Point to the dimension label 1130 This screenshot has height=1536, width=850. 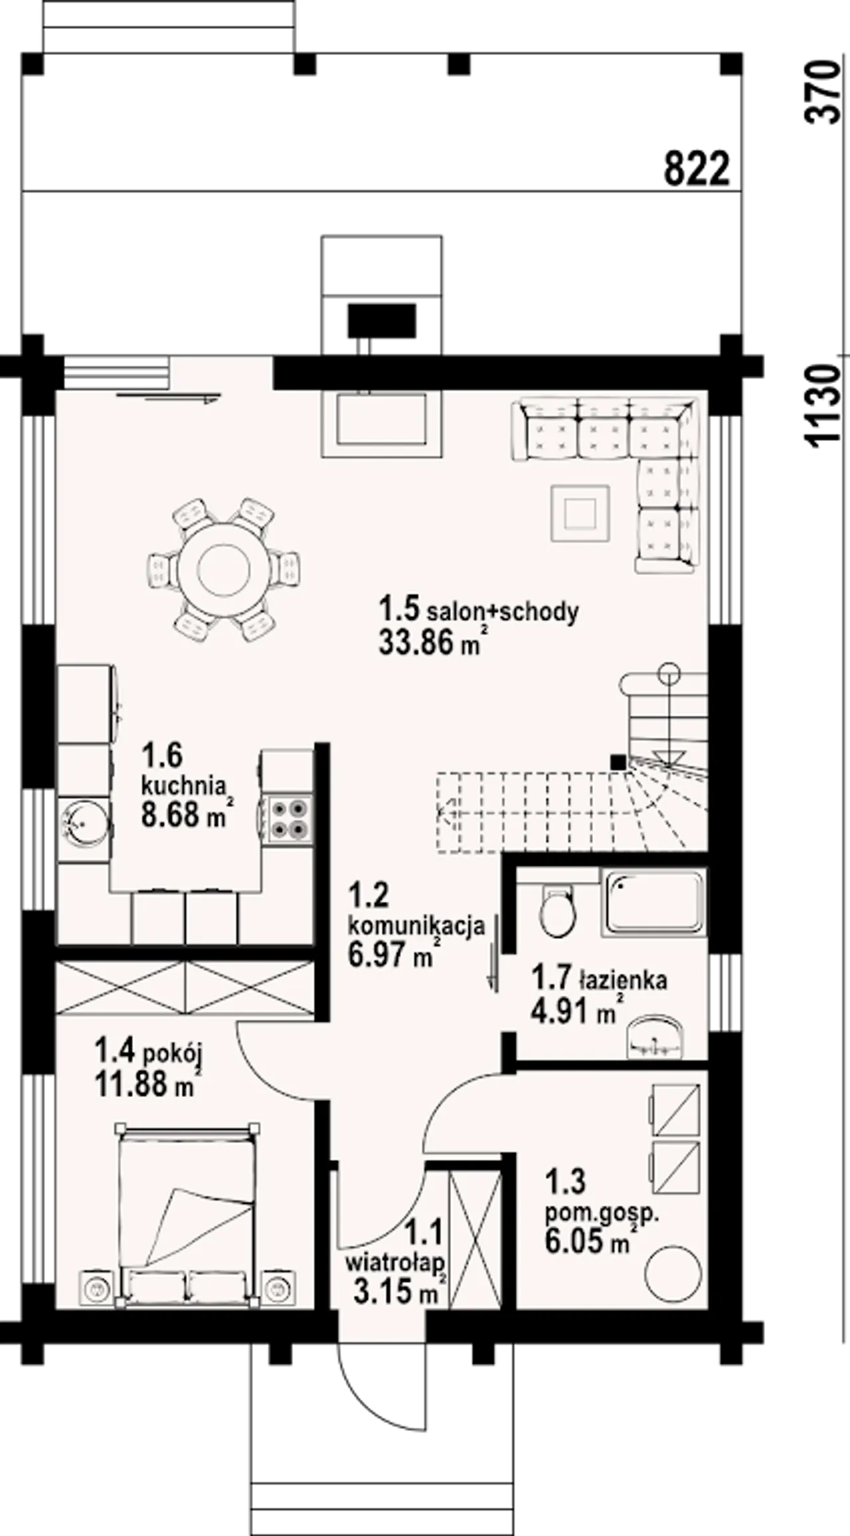point(821,404)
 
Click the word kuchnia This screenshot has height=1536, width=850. point(183,786)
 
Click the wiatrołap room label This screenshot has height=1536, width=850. point(395,1263)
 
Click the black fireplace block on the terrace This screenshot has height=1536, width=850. point(382,321)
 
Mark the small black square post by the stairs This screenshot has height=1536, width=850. point(618,762)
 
